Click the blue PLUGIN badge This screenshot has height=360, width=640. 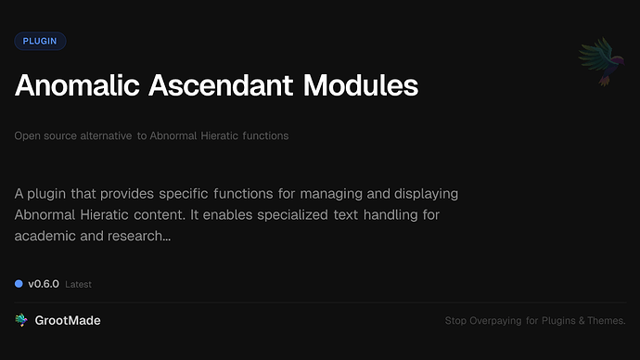40,41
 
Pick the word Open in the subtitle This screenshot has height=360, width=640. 27,135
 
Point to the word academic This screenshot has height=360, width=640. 45,237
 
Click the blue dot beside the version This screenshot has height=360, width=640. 19,284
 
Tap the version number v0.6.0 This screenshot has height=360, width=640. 44,284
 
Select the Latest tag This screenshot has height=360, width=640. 78,285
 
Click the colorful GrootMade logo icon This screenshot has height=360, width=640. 20,320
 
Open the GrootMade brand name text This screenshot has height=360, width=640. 68,320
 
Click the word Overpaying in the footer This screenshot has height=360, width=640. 500,321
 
